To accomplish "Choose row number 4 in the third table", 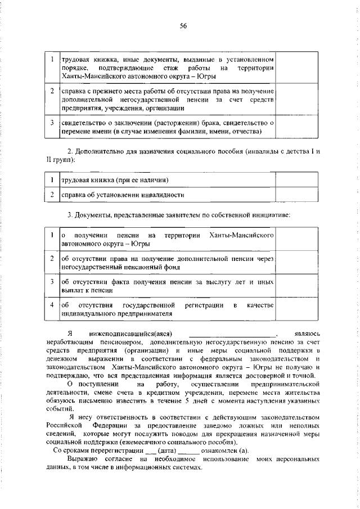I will point(51,305).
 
